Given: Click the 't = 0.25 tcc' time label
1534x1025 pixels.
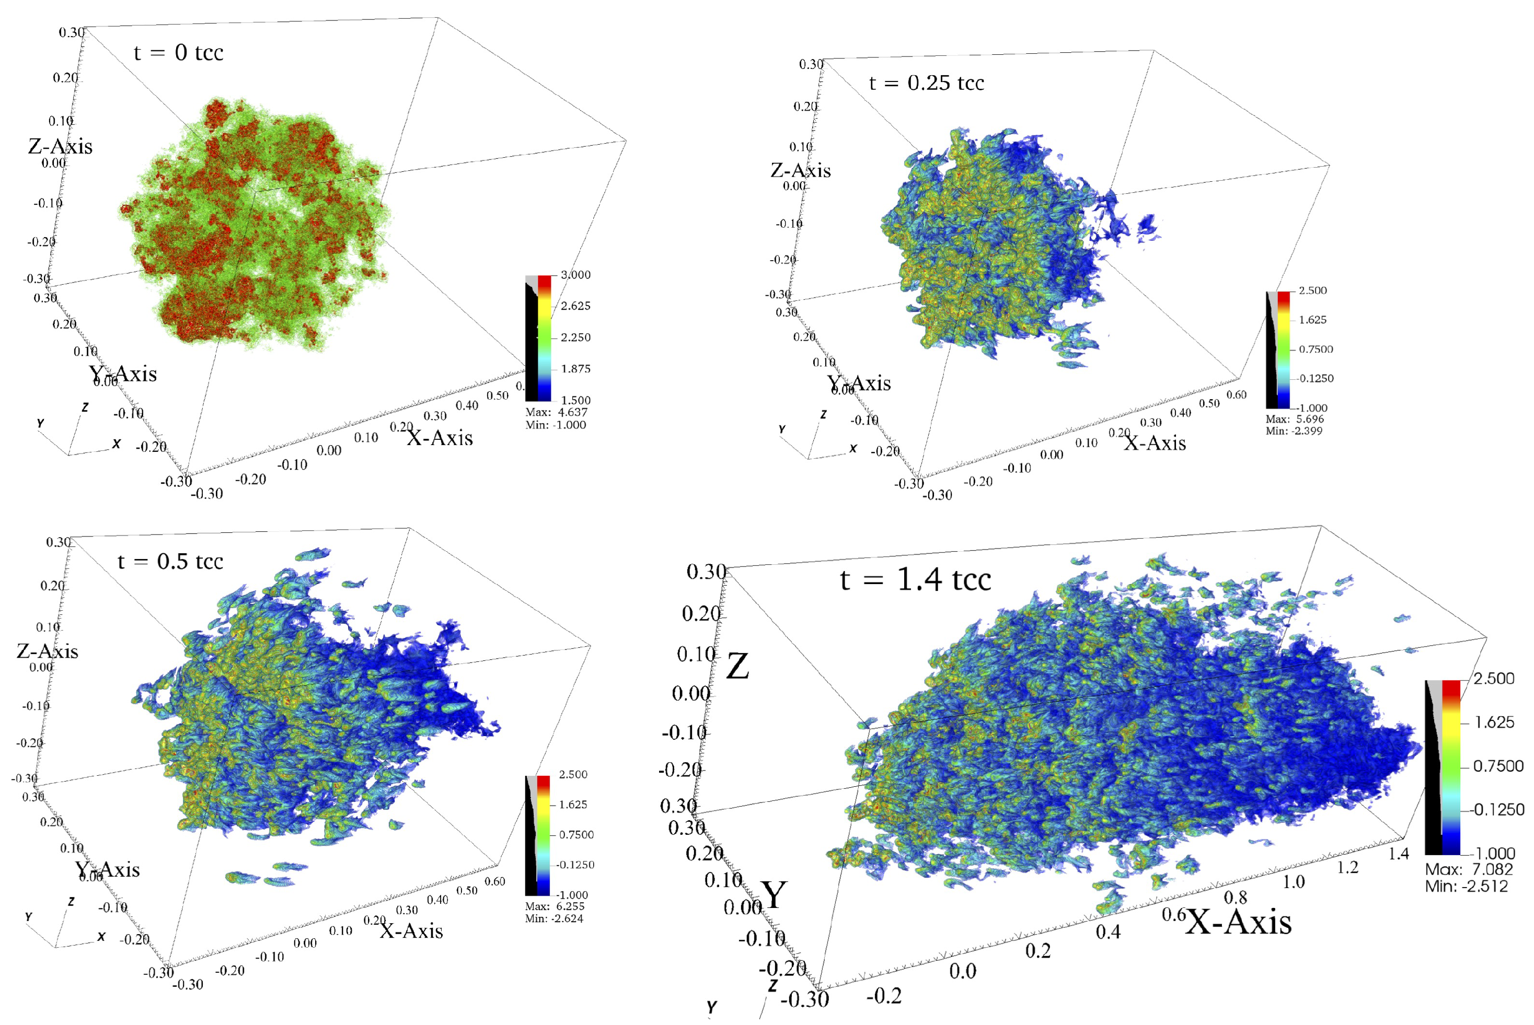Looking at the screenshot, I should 926,83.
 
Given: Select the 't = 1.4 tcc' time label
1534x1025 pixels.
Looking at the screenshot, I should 915,579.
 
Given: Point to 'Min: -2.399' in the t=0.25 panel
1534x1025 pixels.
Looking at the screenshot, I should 1294,431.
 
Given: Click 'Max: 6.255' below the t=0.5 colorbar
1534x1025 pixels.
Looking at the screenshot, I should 554,906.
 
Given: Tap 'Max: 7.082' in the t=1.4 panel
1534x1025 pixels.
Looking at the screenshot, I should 1469,869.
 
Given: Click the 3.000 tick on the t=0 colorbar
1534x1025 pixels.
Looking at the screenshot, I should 575,275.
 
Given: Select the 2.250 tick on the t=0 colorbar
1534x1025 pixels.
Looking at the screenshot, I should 575,337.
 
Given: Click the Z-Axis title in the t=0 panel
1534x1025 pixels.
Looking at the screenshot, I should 60,146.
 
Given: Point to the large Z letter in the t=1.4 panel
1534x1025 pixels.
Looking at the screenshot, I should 737,667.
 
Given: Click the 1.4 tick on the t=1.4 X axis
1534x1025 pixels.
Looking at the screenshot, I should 1399,853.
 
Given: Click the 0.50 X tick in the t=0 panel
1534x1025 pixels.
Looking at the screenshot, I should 497,395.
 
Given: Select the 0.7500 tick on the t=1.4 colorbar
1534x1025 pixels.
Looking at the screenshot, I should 1498,765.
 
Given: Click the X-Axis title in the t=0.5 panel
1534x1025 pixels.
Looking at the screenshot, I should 411,930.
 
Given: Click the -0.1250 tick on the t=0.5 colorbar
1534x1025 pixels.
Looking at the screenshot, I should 575,864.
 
